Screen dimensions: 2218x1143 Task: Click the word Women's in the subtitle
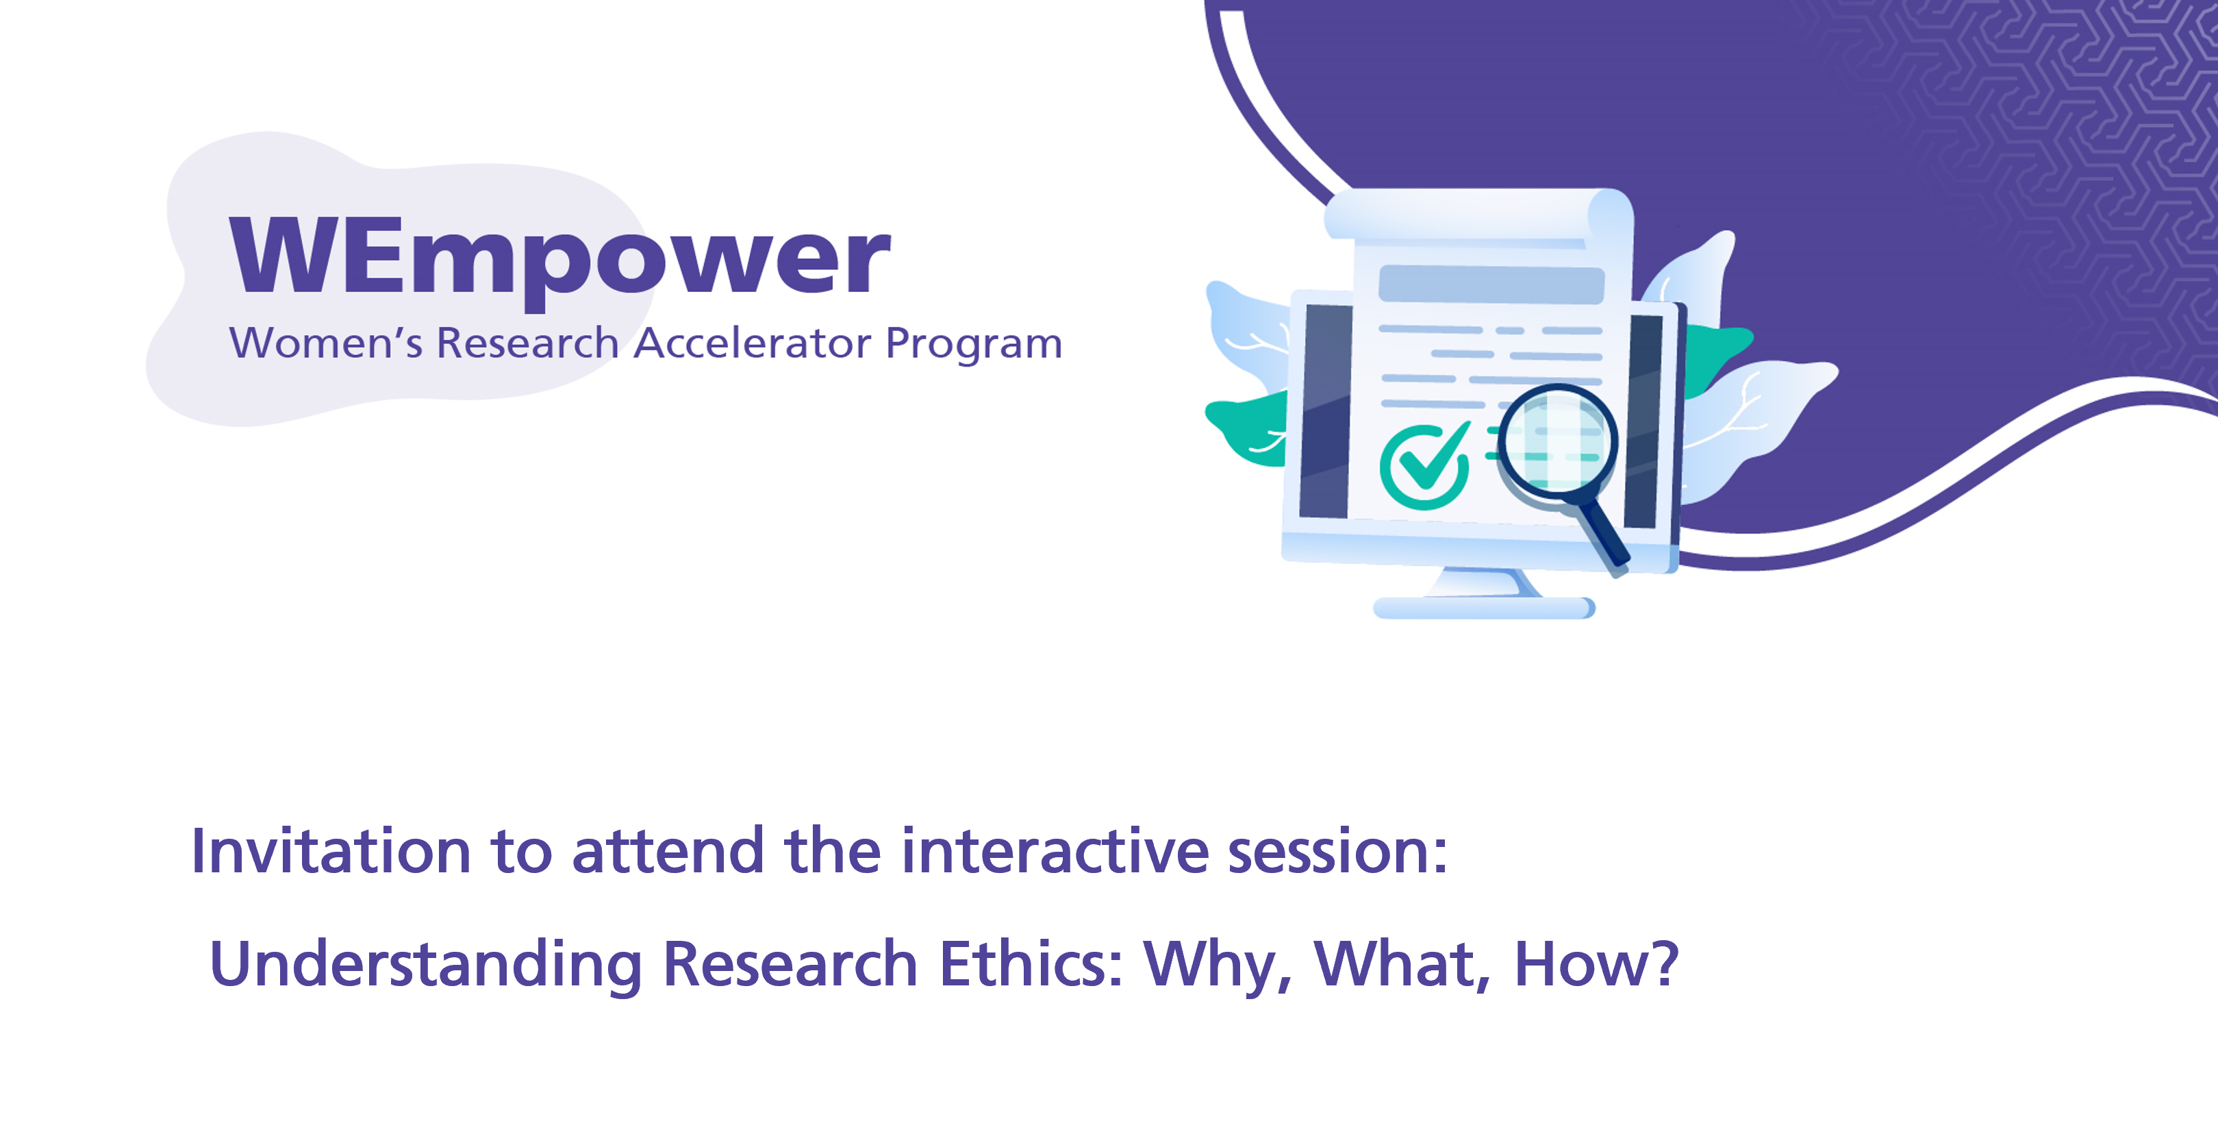(325, 343)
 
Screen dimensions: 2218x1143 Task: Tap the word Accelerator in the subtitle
(753, 343)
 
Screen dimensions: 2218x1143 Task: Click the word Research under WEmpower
(528, 343)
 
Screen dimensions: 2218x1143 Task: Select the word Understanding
(425, 964)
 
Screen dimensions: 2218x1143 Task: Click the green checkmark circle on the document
(1424, 466)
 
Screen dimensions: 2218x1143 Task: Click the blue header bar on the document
(1491, 284)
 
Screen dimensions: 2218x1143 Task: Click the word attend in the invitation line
(668, 851)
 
